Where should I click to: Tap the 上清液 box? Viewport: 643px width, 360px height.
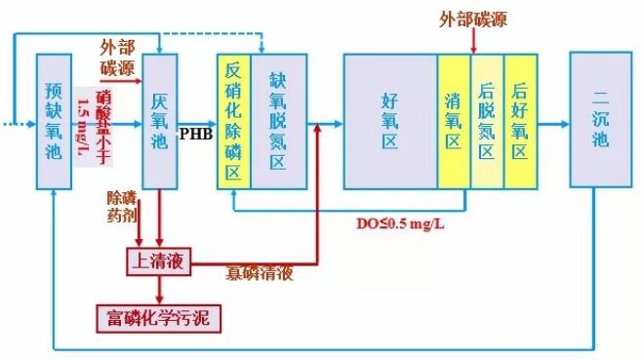159,260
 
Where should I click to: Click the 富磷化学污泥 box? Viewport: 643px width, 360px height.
159,318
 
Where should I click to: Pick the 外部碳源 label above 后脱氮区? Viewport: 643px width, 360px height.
473,19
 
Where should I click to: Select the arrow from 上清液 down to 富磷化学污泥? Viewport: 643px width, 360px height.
159,289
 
